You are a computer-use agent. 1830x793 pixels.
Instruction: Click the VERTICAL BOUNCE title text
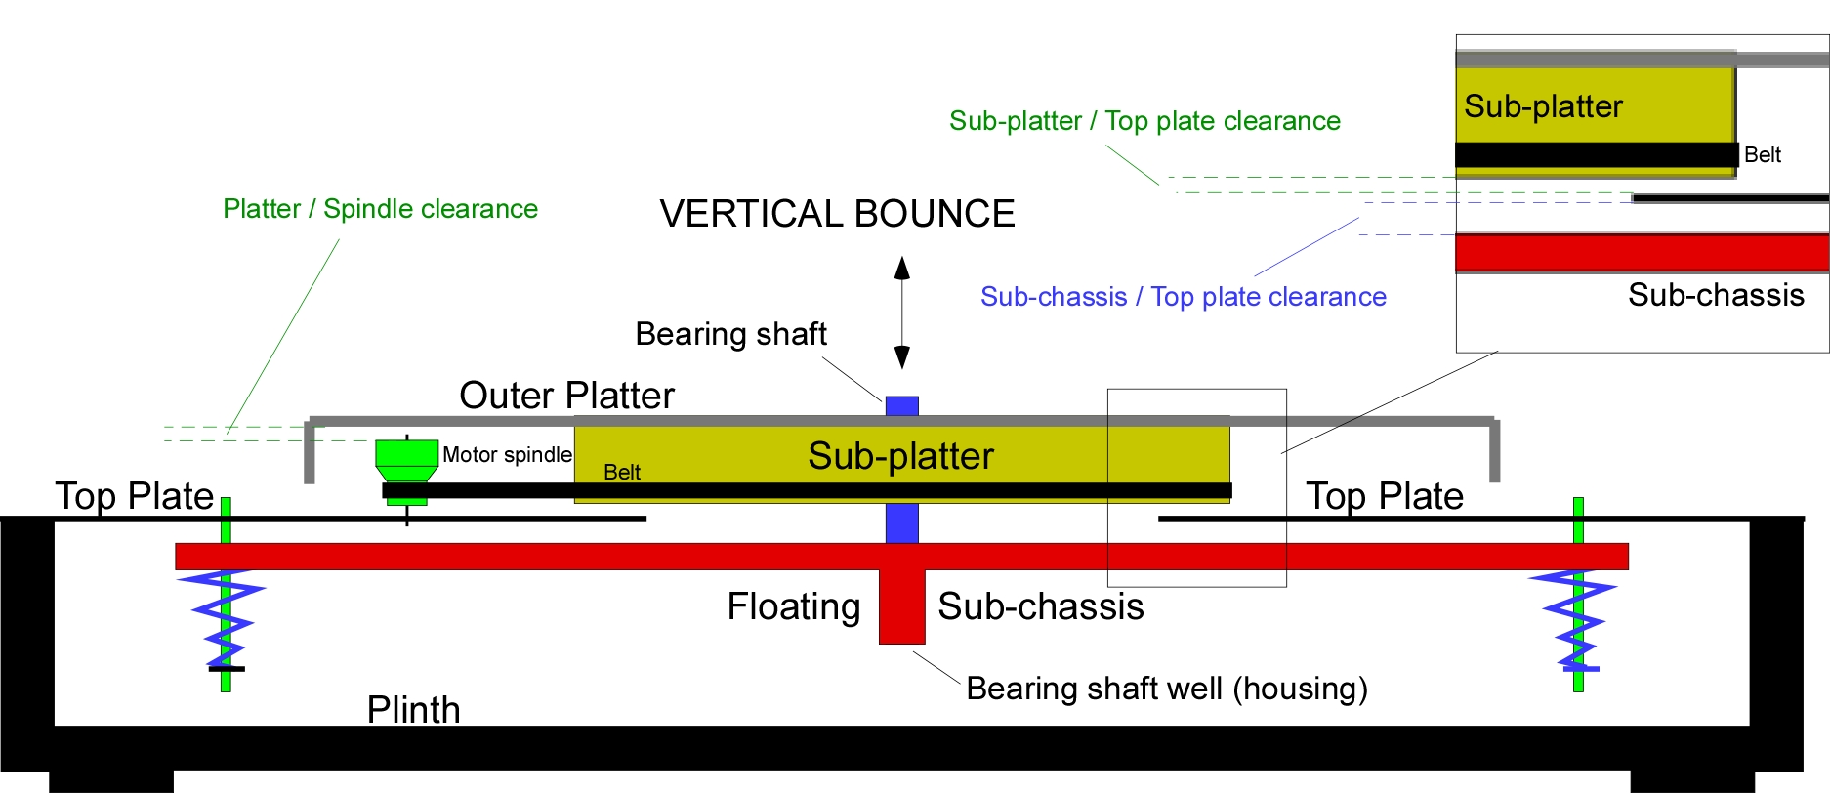pos(837,214)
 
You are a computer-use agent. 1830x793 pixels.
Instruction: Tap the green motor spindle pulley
pos(406,461)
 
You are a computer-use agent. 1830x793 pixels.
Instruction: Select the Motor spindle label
pos(507,455)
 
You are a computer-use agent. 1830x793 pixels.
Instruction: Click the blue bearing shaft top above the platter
pos(902,406)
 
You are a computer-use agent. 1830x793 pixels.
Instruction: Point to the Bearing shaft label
pos(730,334)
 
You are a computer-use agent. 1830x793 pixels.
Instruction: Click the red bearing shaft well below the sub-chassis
pos(901,606)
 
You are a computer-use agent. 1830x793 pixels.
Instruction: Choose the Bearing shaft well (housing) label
pos(1167,689)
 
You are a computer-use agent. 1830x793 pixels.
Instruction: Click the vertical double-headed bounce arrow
pos(902,313)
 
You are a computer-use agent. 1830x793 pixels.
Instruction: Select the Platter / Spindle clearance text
pos(380,209)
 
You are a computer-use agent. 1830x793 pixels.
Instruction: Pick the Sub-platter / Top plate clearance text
pos(1144,121)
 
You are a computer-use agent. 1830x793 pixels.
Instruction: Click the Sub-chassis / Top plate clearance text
pos(1184,297)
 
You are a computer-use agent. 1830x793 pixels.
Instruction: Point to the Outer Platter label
pos(566,396)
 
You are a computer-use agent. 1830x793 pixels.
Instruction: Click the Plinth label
pos(413,710)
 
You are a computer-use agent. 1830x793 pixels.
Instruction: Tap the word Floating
pos(794,606)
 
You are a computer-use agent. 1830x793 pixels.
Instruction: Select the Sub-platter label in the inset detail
pos(1543,105)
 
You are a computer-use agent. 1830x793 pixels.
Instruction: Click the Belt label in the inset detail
pos(1763,155)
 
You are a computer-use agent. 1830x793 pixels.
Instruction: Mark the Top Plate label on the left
pos(135,496)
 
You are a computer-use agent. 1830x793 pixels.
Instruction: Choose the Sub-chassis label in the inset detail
pos(1716,295)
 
